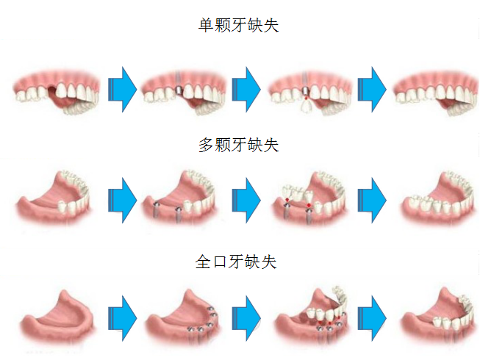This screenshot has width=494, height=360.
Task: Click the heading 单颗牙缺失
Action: (x=238, y=26)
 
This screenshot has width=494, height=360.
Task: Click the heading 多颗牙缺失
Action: (x=238, y=145)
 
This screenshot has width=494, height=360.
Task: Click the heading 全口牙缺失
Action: (x=238, y=262)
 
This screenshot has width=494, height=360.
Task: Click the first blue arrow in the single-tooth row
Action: (x=121, y=90)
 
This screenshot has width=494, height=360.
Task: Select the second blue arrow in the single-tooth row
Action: (x=246, y=90)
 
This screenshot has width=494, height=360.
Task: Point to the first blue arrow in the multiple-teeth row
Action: (x=121, y=201)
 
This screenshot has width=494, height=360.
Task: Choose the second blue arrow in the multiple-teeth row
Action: (x=246, y=201)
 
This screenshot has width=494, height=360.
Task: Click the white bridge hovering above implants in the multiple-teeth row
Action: (x=298, y=193)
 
